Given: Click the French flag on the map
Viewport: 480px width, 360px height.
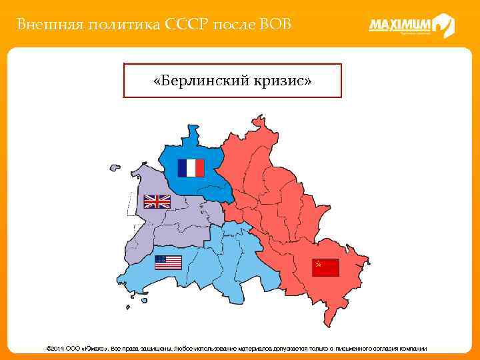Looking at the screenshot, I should coord(191,168).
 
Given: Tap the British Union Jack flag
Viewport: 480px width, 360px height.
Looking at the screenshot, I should coord(157,201).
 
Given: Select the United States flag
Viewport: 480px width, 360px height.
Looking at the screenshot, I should coord(168,263).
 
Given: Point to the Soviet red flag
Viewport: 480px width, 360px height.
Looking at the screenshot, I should coord(326,267).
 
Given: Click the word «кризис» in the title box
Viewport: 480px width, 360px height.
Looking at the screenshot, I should coord(282,81).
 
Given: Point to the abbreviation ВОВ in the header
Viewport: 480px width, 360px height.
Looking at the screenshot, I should coord(274,25).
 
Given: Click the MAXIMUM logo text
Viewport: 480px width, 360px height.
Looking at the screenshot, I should coord(400,25).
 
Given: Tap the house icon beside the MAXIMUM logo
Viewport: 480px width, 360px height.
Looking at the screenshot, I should coord(443,25).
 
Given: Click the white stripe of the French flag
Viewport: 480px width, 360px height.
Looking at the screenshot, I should coord(191,168).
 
